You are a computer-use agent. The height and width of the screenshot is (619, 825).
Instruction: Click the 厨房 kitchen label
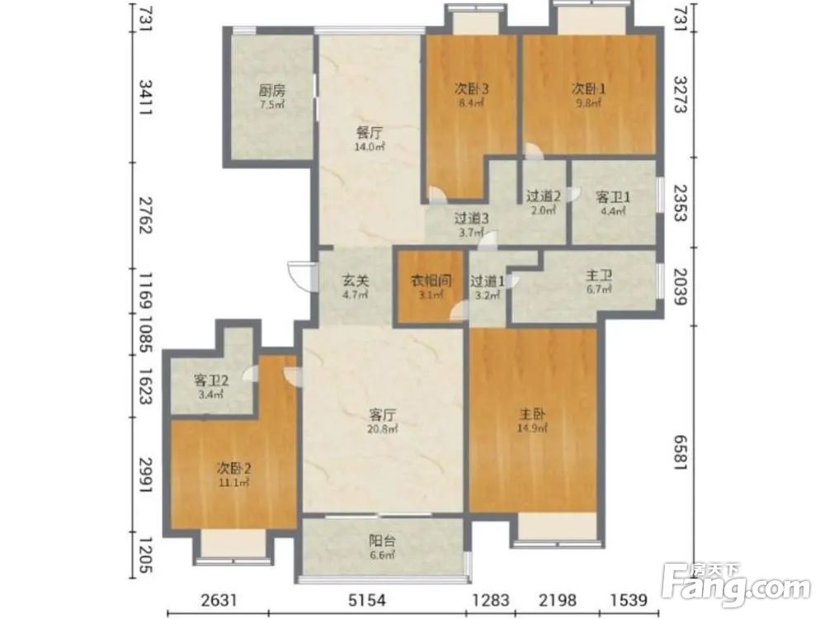(271, 90)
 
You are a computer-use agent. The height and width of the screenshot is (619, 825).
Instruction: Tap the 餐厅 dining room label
(370, 133)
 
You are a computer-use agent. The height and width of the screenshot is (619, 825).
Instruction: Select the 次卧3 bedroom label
(471, 88)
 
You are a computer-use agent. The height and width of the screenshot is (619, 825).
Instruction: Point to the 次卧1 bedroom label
(588, 88)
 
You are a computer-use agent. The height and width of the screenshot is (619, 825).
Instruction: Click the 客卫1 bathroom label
(613, 197)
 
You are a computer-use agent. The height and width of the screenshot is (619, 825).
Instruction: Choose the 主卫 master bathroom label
(599, 276)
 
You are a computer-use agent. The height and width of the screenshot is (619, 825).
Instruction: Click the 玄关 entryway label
(356, 281)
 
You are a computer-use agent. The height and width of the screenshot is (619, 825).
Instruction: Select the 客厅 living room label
(383, 415)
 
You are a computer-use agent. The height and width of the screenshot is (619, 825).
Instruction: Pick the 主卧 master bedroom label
(532, 413)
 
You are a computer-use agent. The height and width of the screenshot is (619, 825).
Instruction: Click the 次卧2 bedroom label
(233, 467)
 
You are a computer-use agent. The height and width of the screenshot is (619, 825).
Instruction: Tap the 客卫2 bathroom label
(211, 380)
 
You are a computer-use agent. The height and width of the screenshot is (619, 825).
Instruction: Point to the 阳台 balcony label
(382, 541)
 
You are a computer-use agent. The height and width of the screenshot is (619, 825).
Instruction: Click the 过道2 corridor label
(544, 196)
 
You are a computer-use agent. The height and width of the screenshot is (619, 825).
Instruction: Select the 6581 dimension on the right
(681, 452)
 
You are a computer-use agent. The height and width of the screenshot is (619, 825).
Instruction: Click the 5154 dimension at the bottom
(367, 599)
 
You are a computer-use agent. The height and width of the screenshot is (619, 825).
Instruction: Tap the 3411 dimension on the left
(145, 98)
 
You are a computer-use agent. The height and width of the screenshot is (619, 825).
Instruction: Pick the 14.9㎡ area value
(532, 428)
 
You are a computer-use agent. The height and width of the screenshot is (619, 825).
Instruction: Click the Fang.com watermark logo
(736, 584)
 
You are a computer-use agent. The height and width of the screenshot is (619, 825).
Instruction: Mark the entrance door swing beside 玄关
(300, 276)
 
